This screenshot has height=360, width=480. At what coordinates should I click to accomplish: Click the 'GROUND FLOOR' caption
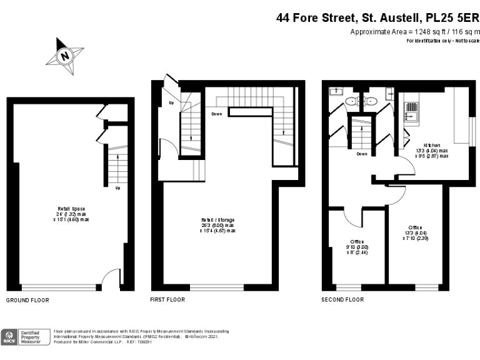(x=27, y=300)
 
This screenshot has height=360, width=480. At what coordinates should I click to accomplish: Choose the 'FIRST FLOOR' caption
(x=167, y=300)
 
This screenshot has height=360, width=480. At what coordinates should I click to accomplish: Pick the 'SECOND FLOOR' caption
(x=342, y=300)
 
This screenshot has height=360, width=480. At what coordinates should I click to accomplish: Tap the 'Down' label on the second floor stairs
(x=362, y=154)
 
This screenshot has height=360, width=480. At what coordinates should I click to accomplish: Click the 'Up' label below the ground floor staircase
(x=117, y=187)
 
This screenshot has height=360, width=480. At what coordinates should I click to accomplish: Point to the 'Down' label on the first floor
(x=217, y=114)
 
